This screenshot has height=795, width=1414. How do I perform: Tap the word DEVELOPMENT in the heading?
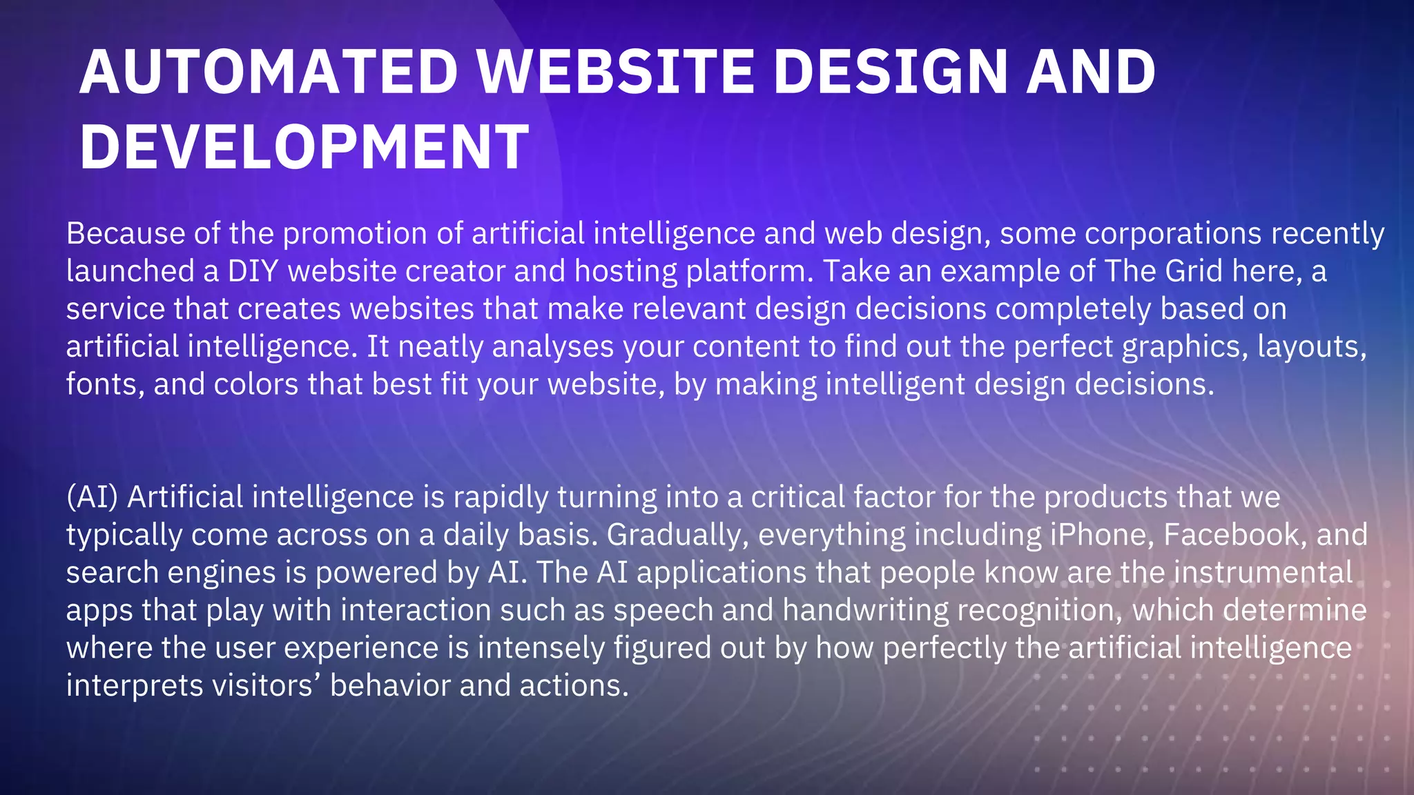(x=304, y=146)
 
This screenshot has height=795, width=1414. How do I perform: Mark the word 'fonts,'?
(x=105, y=384)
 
